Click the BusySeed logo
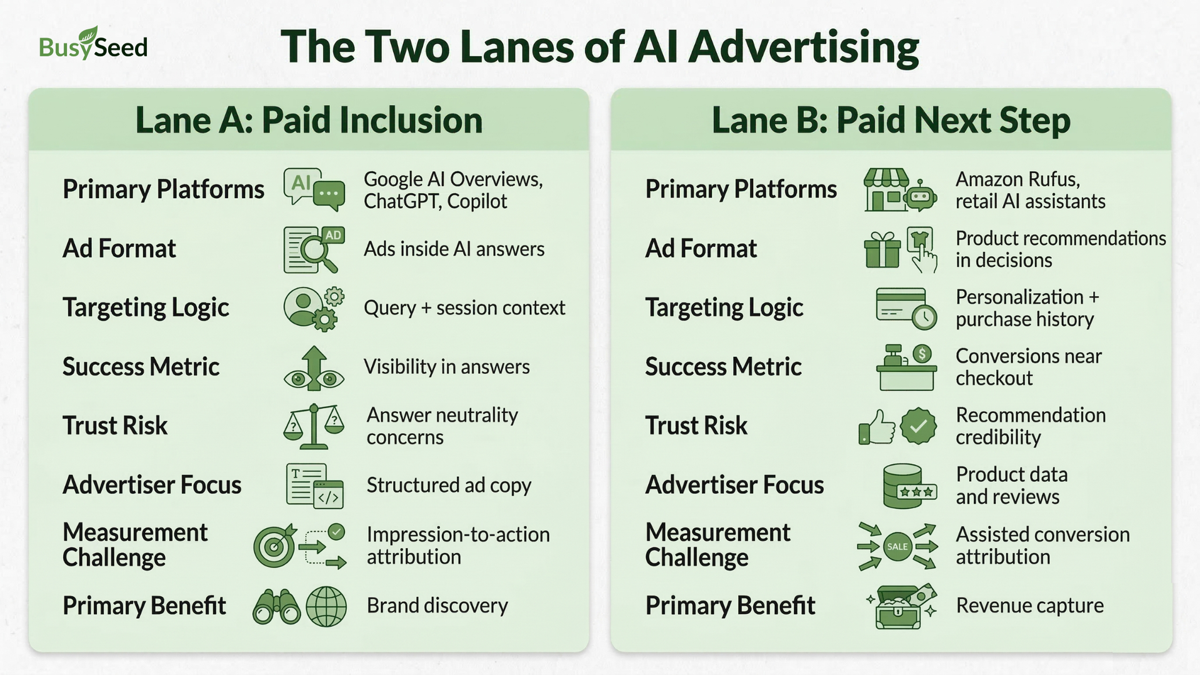tap(93, 45)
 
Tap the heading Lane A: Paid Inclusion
tap(309, 120)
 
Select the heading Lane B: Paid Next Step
tap(891, 120)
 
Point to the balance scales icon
tap(314, 426)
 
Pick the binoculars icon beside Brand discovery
tap(276, 606)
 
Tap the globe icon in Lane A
tap(326, 606)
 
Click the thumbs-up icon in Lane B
tap(877, 427)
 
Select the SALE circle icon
tap(897, 546)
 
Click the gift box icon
tap(882, 250)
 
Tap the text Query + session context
tap(464, 307)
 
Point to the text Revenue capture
tap(1029, 606)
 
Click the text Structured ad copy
tap(449, 485)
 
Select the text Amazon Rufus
tap(1017, 179)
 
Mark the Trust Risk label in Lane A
tap(115, 426)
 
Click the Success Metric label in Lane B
tap(723, 367)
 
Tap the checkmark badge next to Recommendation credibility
tap(918, 426)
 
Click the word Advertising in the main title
tap(804, 47)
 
